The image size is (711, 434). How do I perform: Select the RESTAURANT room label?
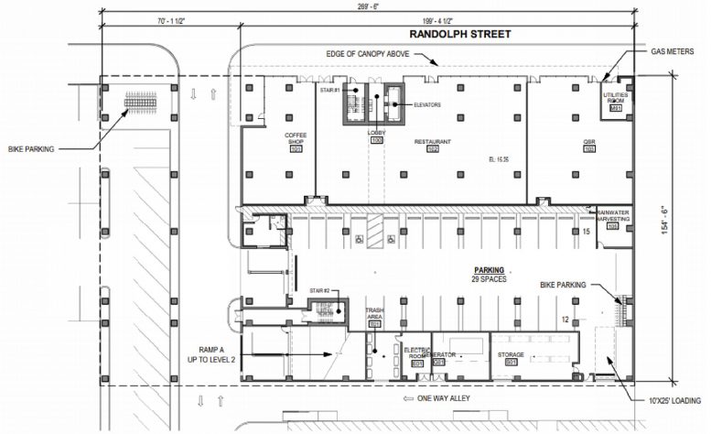(433, 142)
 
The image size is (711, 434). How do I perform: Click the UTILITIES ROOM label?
(615, 98)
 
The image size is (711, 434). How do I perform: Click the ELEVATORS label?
(426, 104)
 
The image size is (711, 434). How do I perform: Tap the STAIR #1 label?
(330, 91)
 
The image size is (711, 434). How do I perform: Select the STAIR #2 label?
(318, 288)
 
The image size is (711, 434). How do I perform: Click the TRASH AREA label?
(374, 313)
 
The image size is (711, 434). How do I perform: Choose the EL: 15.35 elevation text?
(501, 159)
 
